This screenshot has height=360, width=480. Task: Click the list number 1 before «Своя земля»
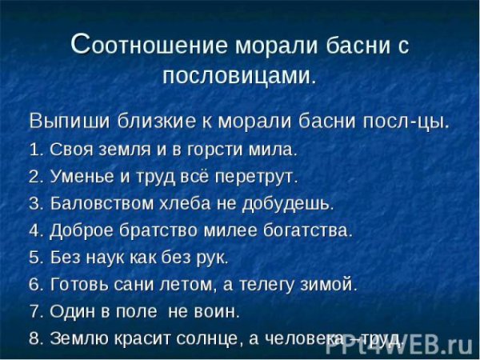(34, 150)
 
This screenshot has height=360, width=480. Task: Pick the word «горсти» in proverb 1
(231, 150)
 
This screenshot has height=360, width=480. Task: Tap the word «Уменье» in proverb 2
(80, 176)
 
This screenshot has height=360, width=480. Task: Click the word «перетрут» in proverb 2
(260, 176)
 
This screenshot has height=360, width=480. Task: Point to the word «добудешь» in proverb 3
(296, 203)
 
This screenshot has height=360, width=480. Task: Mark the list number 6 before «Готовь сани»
(34, 284)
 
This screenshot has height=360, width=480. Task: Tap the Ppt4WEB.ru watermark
(417, 344)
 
